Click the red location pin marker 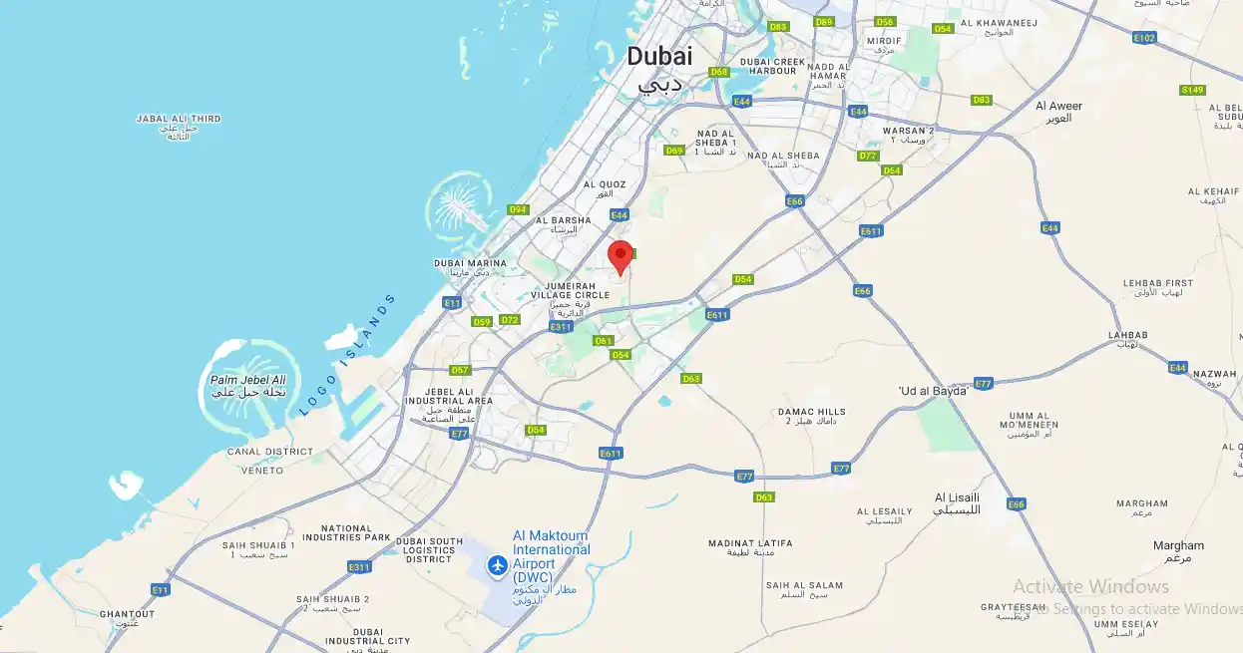click(x=621, y=256)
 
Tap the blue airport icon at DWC click(x=497, y=566)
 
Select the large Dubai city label click(x=659, y=57)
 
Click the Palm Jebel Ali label click(x=247, y=380)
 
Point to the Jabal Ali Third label click(x=179, y=119)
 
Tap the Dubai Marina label click(x=470, y=264)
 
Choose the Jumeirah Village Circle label click(x=570, y=290)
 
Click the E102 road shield click(x=1144, y=38)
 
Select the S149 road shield click(x=1192, y=90)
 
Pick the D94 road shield click(x=518, y=209)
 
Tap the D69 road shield click(x=674, y=151)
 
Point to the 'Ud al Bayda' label click(x=933, y=391)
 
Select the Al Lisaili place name click(x=957, y=496)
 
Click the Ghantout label click(x=127, y=614)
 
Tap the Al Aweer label click(x=1058, y=107)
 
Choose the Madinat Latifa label click(x=750, y=543)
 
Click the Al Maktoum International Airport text click(x=551, y=549)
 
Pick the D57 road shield click(x=460, y=370)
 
